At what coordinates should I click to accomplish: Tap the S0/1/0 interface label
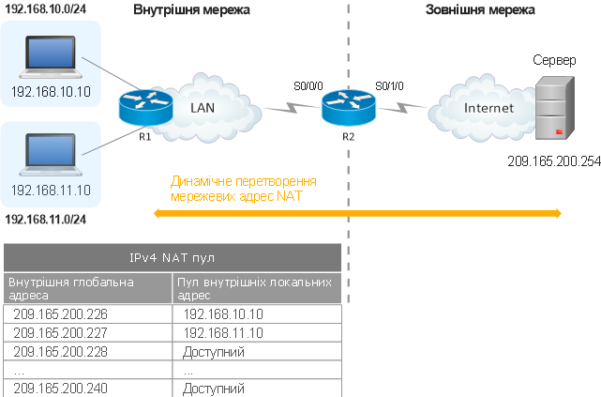(x=388, y=86)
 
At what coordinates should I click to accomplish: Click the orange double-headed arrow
(x=357, y=214)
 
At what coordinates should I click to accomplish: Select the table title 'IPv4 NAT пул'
(x=173, y=256)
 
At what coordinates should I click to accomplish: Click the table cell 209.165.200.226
(x=60, y=316)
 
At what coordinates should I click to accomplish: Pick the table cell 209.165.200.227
(x=60, y=334)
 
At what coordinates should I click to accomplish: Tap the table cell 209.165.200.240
(x=60, y=388)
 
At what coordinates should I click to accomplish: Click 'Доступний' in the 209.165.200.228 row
(x=214, y=352)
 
